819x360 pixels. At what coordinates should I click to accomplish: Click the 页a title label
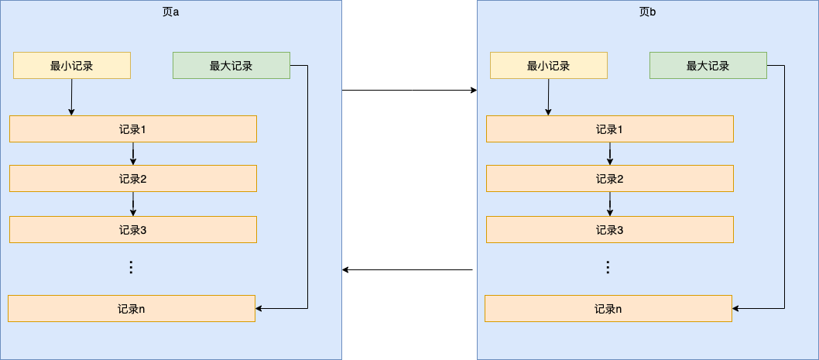pos(170,12)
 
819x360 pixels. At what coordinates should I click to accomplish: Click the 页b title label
pos(647,12)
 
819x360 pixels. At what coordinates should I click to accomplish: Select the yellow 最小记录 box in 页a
pos(72,66)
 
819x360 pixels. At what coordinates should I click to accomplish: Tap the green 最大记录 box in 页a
pos(231,66)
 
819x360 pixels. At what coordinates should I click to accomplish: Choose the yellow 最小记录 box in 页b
pos(549,66)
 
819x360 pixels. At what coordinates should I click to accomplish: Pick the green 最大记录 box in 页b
pos(708,66)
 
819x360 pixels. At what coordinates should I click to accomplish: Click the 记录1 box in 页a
pos(133,129)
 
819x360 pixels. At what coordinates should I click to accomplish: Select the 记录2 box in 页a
pos(133,179)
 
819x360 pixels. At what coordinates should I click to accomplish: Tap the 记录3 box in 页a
pos(133,229)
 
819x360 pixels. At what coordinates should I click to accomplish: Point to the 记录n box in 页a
pos(132,309)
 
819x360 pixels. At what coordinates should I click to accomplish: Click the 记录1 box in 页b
pos(610,129)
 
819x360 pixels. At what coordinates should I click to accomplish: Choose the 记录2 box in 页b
pos(610,179)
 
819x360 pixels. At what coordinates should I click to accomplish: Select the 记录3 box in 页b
pos(610,229)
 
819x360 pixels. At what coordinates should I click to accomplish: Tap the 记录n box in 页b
pos(608,309)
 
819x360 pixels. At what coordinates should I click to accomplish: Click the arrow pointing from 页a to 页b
pos(409,91)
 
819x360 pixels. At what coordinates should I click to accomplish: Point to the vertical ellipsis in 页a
pos(131,267)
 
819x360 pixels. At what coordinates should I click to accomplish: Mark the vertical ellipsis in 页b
pos(608,267)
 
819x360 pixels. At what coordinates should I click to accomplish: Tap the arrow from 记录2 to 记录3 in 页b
pos(610,204)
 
